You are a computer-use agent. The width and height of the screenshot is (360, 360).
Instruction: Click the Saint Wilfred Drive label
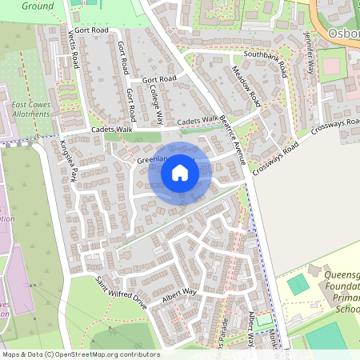(x=122, y=293)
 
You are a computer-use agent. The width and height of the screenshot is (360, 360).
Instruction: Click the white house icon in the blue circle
(x=180, y=172)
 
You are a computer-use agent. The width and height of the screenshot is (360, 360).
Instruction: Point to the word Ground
(x=37, y=6)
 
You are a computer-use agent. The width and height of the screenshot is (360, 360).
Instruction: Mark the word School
(x=347, y=309)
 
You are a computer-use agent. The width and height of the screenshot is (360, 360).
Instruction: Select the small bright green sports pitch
(x=297, y=283)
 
